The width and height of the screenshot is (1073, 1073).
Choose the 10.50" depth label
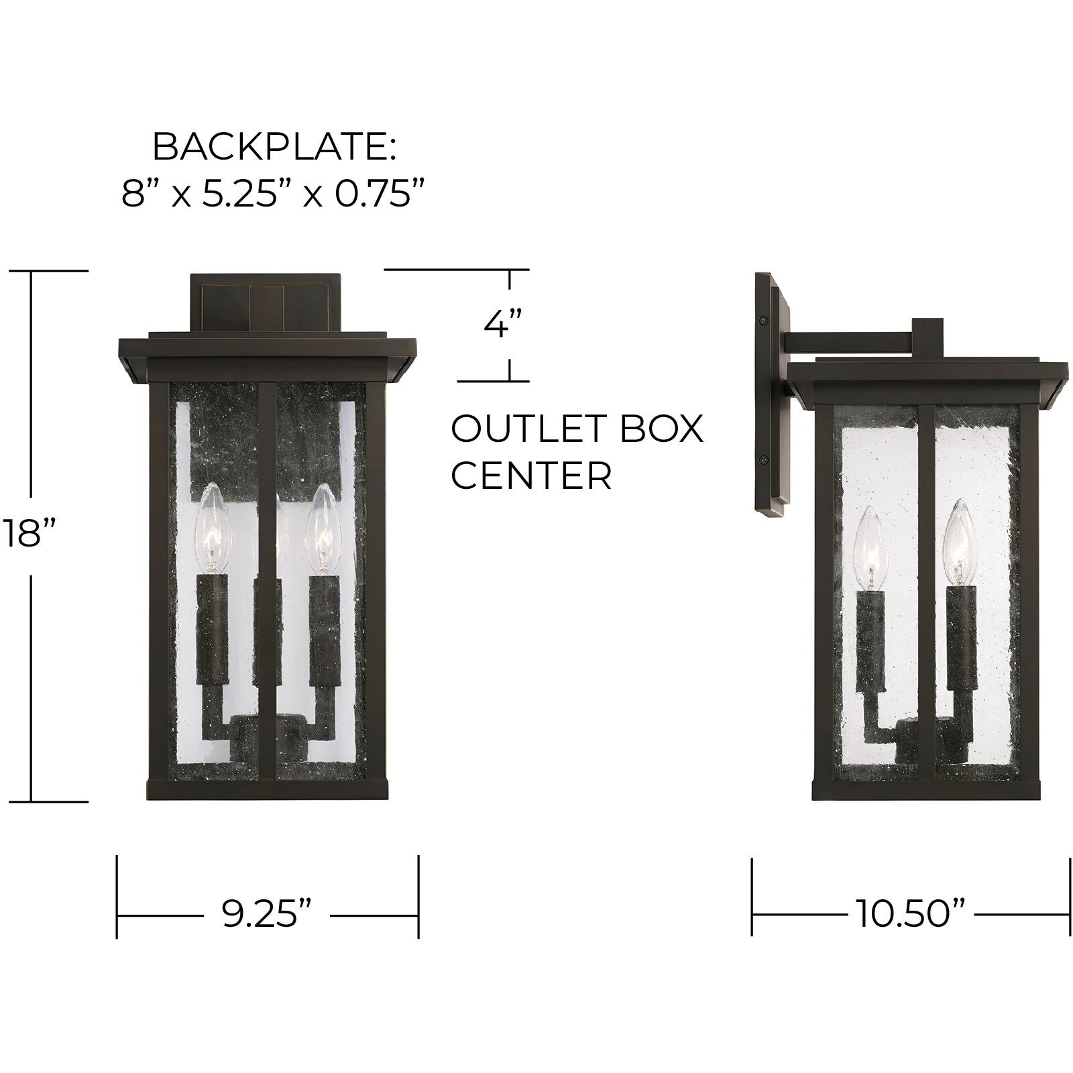909,913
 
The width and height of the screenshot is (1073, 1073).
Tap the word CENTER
531,475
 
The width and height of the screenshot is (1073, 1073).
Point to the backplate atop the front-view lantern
266,302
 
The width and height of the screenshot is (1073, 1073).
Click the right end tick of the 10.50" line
1069,896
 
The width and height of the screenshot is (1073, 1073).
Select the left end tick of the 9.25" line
117,896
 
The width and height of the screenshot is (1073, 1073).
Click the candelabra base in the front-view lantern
267,738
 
